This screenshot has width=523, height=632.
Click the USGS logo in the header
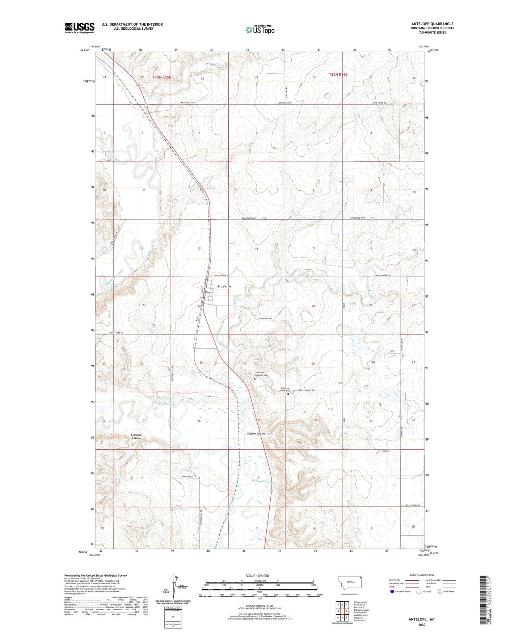pyautogui.click(x=79, y=28)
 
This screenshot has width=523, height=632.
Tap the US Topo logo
pyautogui.click(x=260, y=30)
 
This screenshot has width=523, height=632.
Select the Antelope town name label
pyautogui.click(x=224, y=286)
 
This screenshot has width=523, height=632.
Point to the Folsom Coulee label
pyautogui.click(x=256, y=434)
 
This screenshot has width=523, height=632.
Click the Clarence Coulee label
pyautogui.click(x=136, y=437)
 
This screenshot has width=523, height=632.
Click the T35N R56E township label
pyautogui.click(x=338, y=75)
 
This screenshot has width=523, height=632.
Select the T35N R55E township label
pyautogui.click(x=161, y=77)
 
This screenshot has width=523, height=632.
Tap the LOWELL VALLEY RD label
pyautogui.click(x=306, y=390)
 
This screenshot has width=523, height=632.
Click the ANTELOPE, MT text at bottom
pyautogui.click(x=422, y=619)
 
